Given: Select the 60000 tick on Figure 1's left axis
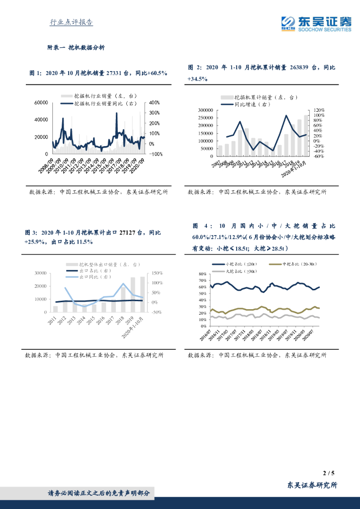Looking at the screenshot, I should click(x=41, y=102).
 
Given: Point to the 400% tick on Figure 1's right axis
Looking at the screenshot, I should click(x=154, y=102).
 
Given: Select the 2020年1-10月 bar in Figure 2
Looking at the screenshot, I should click(x=306, y=135).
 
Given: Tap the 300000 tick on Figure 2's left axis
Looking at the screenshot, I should click(x=205, y=110).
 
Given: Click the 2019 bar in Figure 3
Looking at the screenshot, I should click(x=133, y=295).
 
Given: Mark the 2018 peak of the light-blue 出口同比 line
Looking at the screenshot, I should click(x=123, y=284).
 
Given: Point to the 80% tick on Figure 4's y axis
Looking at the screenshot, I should click(x=202, y=274).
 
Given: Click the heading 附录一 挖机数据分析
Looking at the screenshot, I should click(x=76, y=48).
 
